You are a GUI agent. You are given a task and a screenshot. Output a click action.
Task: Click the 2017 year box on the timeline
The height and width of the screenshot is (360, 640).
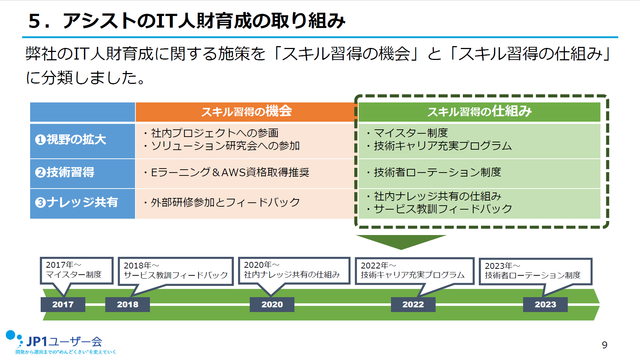[x=63, y=304]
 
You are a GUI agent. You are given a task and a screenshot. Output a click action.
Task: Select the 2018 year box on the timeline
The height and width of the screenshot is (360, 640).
[x=127, y=304]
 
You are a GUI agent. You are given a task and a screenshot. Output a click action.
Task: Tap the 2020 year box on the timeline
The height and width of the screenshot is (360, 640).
[x=272, y=304]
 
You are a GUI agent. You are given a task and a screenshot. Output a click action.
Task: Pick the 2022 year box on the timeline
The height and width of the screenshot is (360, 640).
[x=413, y=304]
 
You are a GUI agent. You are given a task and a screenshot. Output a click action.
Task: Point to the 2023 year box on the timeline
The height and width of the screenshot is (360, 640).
[x=545, y=304]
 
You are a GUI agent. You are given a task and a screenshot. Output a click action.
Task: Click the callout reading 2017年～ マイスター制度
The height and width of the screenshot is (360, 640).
[x=76, y=270]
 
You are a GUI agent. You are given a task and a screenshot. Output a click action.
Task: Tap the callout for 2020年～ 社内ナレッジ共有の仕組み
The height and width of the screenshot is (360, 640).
[x=294, y=270]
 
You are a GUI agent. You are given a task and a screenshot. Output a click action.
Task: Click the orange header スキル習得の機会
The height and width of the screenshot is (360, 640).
[x=246, y=112]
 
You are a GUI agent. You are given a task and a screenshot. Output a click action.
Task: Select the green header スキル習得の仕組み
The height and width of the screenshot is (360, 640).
[x=479, y=112]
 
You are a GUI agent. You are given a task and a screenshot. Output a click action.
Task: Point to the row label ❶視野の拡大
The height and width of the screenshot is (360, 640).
[x=82, y=140]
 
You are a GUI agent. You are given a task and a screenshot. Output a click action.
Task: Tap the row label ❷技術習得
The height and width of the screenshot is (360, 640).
[x=82, y=173]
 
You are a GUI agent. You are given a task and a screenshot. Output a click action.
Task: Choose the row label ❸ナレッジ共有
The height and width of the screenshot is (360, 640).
[x=82, y=203]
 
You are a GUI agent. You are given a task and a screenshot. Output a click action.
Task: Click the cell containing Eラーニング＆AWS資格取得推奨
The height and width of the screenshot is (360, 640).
[x=244, y=173]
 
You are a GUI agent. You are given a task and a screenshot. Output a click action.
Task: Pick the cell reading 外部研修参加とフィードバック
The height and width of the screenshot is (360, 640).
[x=244, y=203]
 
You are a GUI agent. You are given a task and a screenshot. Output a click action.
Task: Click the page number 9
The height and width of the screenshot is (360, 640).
[x=604, y=345]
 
